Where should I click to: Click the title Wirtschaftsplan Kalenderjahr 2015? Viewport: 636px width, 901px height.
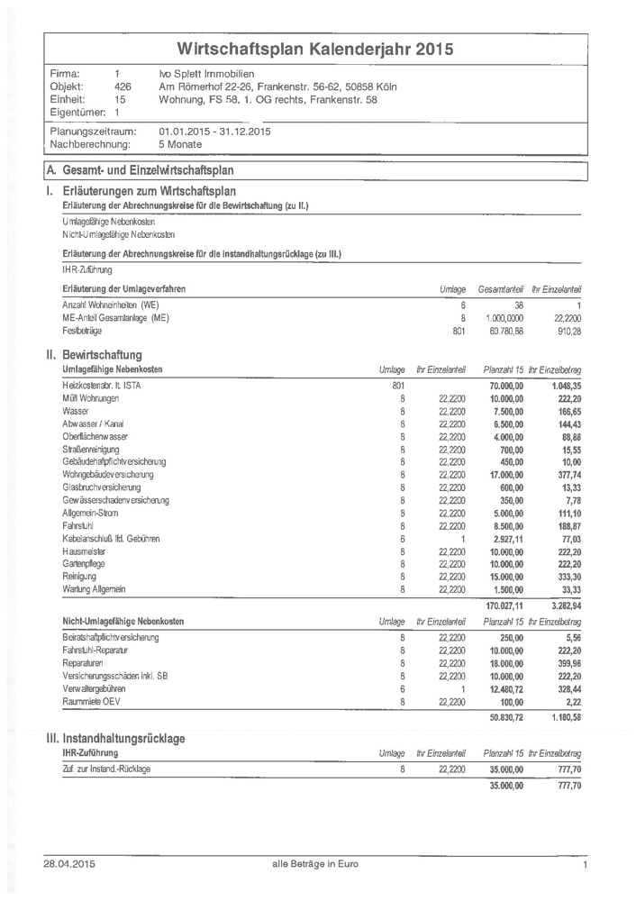click(x=315, y=49)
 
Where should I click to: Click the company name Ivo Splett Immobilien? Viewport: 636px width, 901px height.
click(x=206, y=74)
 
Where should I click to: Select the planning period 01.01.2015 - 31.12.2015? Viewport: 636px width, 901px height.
click(x=214, y=131)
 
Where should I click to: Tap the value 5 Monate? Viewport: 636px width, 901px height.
click(x=180, y=143)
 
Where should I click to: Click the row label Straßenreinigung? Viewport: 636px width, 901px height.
click(x=91, y=449)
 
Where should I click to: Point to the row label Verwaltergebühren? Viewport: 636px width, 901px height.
click(x=96, y=687)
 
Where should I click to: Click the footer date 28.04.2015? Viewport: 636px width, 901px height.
click(x=69, y=865)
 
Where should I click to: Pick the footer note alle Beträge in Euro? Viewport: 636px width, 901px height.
click(x=315, y=865)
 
